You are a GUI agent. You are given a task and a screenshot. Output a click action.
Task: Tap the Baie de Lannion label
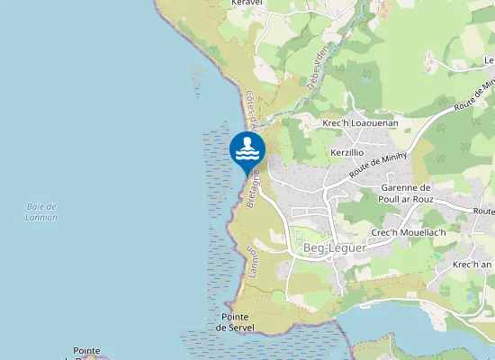tap(41, 211)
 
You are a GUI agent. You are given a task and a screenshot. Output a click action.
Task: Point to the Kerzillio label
tap(347, 154)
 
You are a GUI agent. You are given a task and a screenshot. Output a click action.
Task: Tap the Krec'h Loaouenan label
tap(360, 121)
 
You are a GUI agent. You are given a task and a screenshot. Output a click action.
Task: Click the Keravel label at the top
tap(246, 4)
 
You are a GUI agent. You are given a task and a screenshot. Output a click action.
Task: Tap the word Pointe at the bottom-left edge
tap(87, 350)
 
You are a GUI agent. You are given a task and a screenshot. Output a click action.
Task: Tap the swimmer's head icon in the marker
tap(247, 141)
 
